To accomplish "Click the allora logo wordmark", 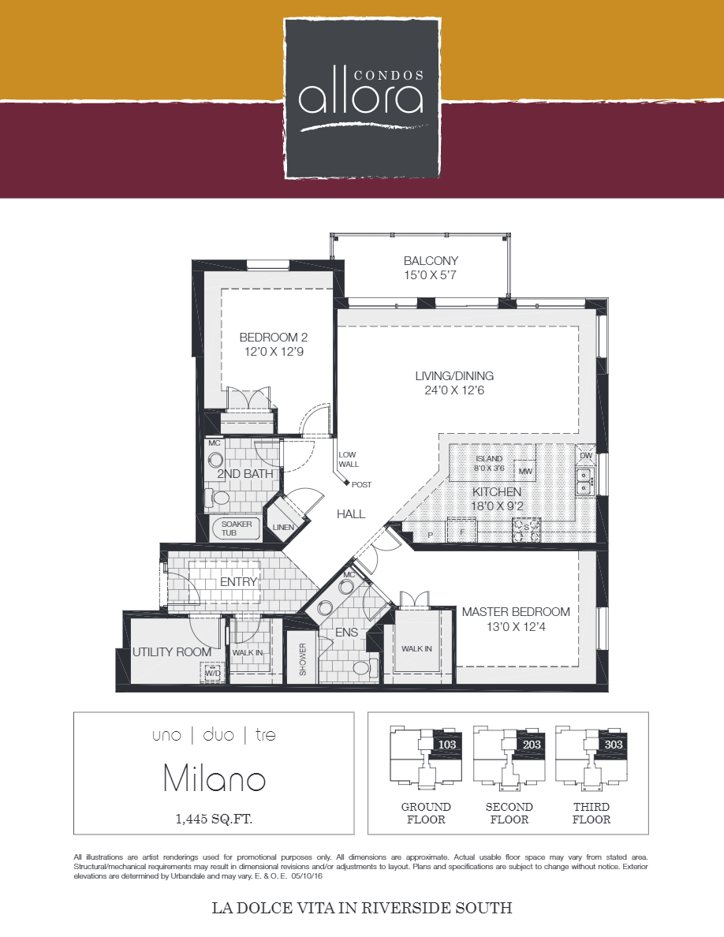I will point(361,98).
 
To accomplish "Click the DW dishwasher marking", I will point(585,456).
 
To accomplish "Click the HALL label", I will point(351,514).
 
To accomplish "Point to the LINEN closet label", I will point(282,528).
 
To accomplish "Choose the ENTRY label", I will point(239,582).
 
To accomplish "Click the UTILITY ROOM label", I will point(172,652).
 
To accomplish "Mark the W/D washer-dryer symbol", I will point(212,673).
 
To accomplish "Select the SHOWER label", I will point(303,659).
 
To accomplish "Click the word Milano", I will point(214,779).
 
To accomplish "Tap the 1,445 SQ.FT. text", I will point(214,819).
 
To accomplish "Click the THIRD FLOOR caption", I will point(592,813).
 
